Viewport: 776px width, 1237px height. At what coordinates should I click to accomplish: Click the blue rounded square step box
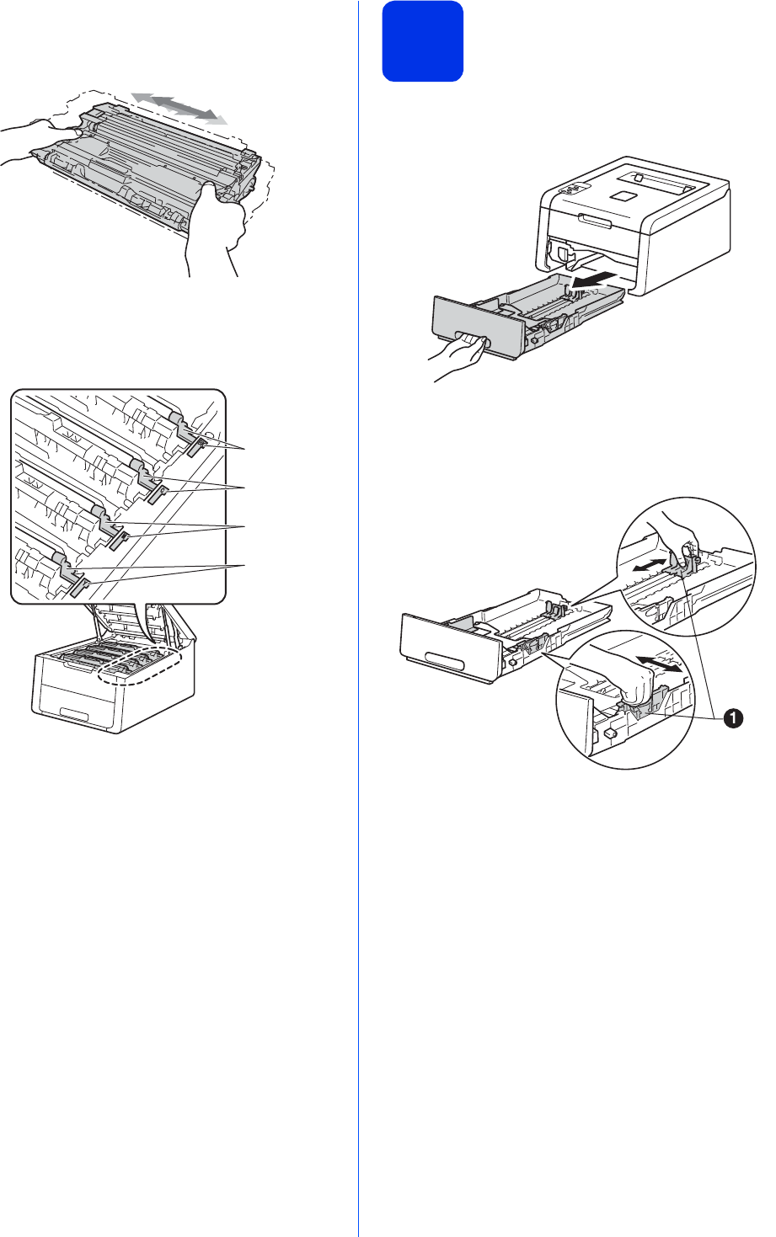tap(422, 41)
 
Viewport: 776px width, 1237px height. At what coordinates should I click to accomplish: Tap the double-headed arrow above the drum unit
tap(179, 108)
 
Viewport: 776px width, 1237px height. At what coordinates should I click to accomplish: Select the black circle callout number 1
tap(733, 718)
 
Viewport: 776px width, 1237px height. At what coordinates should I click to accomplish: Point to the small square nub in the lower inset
tap(609, 733)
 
